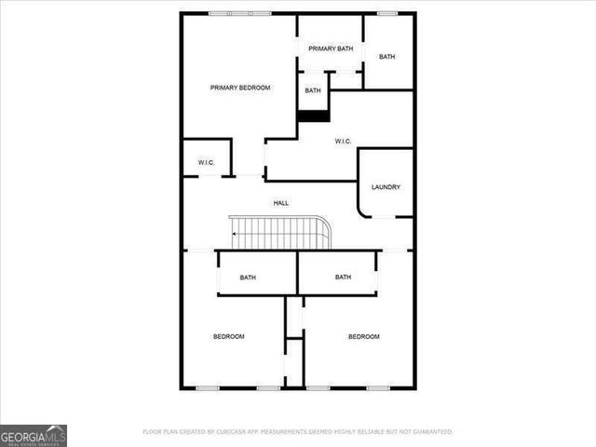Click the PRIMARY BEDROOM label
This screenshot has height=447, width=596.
[x=240, y=88]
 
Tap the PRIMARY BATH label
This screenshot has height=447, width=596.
[x=331, y=48]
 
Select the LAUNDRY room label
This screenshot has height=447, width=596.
[x=386, y=187]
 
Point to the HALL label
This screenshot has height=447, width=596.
[x=280, y=203]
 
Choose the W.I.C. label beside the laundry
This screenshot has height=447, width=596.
[x=343, y=142]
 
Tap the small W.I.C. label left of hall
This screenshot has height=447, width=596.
[x=206, y=163]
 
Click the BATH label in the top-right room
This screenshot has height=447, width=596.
[x=386, y=57]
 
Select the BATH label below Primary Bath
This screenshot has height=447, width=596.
[x=313, y=90]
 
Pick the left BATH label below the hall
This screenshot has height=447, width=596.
[x=248, y=278]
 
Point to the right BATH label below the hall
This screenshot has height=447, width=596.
[x=343, y=277]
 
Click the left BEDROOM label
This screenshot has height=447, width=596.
[x=228, y=336]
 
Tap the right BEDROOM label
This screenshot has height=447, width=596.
[x=363, y=336]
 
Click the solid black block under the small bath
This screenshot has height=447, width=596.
[x=313, y=115]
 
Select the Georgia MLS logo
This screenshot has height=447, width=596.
[x=34, y=435]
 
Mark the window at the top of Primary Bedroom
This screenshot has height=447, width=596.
[x=240, y=13]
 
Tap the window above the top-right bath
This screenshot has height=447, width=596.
[x=386, y=13]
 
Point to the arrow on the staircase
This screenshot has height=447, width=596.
[x=234, y=235]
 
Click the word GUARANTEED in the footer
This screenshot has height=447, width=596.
[x=431, y=432]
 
